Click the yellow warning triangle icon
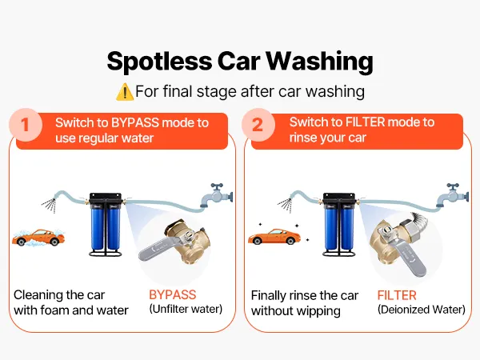(125, 92)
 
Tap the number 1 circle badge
(26, 125)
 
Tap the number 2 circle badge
(258, 125)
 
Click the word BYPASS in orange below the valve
(172, 294)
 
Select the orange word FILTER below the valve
(397, 295)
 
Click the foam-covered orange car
(38, 238)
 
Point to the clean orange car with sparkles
(274, 237)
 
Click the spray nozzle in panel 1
(50, 204)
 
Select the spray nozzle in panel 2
(286, 204)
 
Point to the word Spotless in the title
(159, 62)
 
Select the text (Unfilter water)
(186, 309)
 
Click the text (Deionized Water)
(422, 310)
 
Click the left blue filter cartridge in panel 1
(98, 226)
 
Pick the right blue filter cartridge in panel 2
(347, 227)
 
